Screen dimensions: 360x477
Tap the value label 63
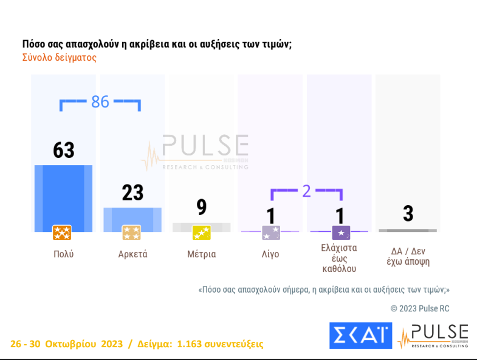point(64,150)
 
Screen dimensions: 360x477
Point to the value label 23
point(132,192)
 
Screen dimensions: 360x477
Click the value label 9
point(202,208)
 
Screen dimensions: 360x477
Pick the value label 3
point(408,214)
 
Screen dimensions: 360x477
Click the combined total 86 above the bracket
point(100,102)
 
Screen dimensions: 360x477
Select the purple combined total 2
point(306,191)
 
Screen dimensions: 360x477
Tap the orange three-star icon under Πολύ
point(62,233)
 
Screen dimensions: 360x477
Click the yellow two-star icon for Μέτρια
point(201,233)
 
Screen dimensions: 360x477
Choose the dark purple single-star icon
point(341,233)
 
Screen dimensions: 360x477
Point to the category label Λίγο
point(270,254)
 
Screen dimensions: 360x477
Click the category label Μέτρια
point(201,254)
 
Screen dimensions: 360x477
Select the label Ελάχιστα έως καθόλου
point(339,258)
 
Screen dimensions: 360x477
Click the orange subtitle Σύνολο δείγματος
point(60,58)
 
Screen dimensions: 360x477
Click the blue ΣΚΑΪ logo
point(360,336)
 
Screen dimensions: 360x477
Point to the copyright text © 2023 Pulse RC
point(420,308)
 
